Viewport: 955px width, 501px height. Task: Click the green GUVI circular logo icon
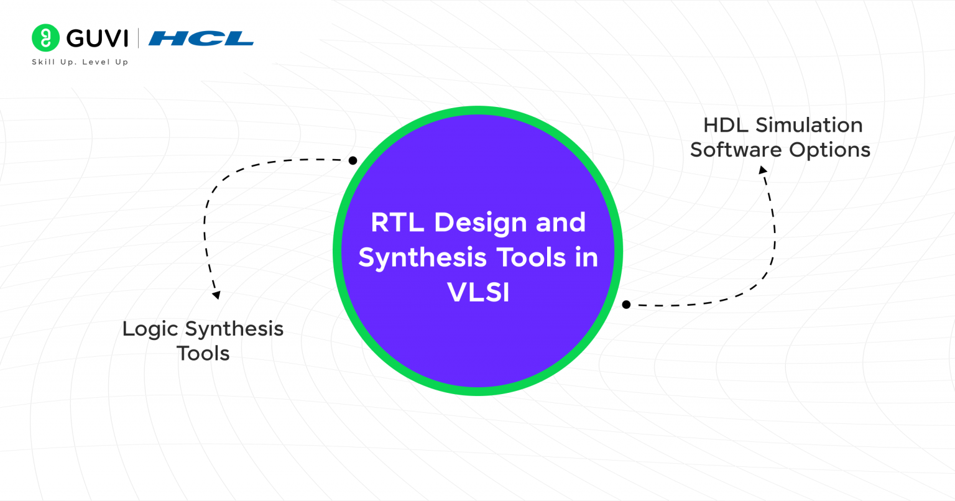(45, 38)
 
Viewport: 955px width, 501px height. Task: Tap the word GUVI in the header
(97, 39)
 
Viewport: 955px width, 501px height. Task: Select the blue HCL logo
(201, 39)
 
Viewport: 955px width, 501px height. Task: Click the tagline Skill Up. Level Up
(80, 62)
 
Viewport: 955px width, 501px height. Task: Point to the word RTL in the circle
(397, 223)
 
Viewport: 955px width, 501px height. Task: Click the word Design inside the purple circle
(479, 223)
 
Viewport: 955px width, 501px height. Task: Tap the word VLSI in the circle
(478, 292)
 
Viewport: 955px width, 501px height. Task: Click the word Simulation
(808, 125)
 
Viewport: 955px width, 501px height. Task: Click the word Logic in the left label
(150, 329)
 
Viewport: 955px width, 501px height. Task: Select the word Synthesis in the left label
(234, 329)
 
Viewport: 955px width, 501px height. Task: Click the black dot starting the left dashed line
(353, 160)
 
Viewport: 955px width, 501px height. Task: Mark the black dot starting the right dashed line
(626, 305)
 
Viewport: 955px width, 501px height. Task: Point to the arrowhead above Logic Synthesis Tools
(216, 295)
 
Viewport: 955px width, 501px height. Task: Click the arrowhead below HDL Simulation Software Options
(763, 170)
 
